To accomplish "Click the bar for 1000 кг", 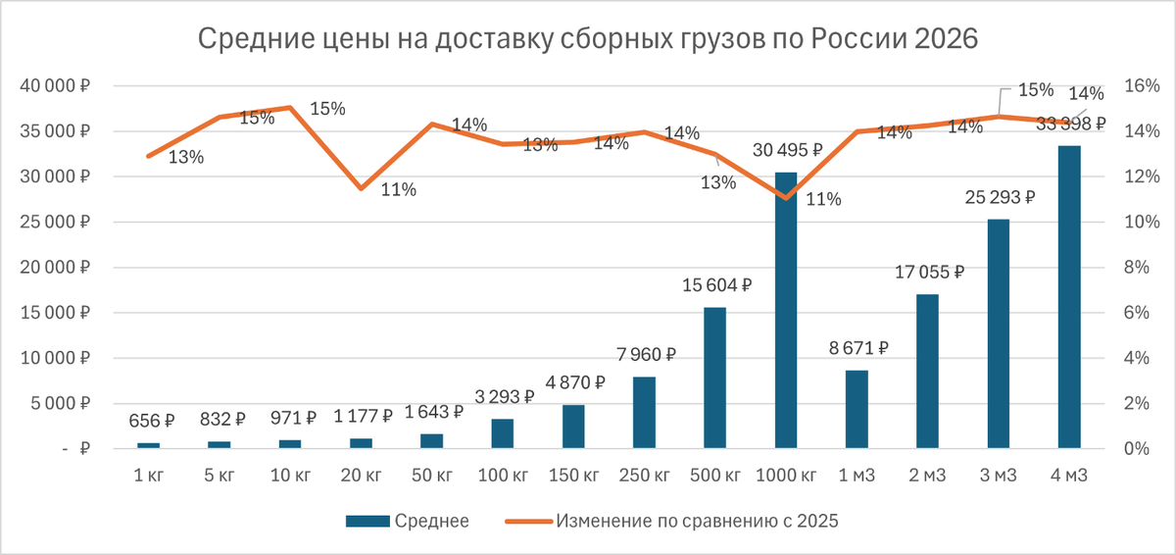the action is click(786, 310).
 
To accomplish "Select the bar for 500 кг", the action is click(715, 378).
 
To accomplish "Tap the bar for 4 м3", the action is click(1069, 297).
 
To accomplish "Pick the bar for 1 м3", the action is click(857, 409).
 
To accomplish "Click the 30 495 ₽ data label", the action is click(788, 150).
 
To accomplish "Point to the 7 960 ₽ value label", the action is click(646, 355).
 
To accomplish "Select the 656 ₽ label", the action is click(152, 421).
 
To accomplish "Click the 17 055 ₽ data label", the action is click(929, 272).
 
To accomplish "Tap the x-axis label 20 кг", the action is click(362, 476).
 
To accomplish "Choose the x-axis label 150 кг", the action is click(574, 476).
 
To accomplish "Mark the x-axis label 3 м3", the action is click(999, 476).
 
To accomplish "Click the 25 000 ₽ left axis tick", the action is click(55, 222).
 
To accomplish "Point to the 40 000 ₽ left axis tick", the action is click(55, 85).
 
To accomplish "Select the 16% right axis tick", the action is click(1142, 85).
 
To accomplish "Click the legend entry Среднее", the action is click(408, 521).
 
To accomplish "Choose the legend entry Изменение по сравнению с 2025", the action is click(671, 521).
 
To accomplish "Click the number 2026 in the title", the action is click(946, 38).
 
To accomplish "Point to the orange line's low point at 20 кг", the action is click(362, 188).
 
